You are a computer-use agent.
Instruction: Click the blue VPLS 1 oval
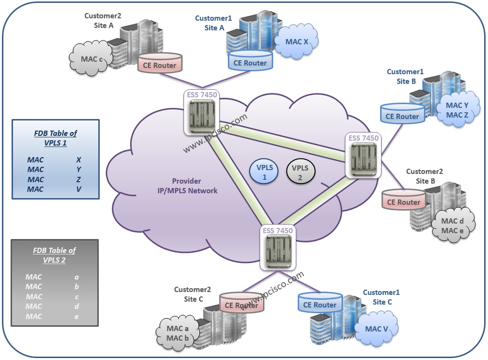click(264, 172)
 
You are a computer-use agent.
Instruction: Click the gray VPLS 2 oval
click(301, 172)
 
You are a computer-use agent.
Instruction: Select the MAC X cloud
click(297, 42)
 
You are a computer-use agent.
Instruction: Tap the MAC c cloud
click(91, 59)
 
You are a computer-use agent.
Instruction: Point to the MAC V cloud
click(376, 329)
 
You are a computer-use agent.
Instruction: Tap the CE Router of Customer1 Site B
click(402, 116)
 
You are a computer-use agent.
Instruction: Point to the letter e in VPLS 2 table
click(77, 317)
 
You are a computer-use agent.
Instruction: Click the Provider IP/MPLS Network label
click(195, 186)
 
